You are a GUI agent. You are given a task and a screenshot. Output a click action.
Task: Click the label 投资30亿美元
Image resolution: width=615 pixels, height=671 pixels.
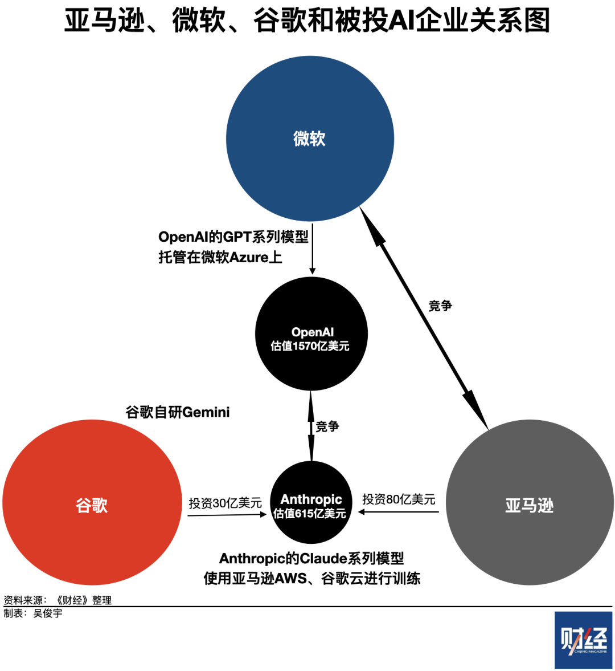point(225,503)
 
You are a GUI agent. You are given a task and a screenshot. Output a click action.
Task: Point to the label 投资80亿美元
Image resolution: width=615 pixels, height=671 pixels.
point(399,499)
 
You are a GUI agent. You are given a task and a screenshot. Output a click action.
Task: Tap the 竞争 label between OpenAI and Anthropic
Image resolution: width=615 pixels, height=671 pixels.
point(327,426)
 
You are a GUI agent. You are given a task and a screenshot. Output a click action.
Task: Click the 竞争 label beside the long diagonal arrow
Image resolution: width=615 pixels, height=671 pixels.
point(440,306)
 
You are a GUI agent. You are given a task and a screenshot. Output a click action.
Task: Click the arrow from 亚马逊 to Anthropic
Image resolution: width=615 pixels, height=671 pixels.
point(399,512)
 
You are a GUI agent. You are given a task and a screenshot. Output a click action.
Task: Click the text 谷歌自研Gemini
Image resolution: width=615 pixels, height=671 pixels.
point(178,412)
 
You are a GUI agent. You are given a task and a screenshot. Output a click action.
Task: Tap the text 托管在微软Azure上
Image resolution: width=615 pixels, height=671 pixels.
point(220,257)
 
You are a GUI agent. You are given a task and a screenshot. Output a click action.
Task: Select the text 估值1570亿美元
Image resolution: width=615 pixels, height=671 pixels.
point(310,346)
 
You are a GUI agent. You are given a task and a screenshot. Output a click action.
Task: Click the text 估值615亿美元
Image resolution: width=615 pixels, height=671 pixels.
point(310,514)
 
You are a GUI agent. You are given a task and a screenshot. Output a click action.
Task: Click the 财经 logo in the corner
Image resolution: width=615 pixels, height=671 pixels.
point(583,640)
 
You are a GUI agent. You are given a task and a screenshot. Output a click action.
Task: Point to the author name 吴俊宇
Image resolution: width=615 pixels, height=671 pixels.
point(48,613)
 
